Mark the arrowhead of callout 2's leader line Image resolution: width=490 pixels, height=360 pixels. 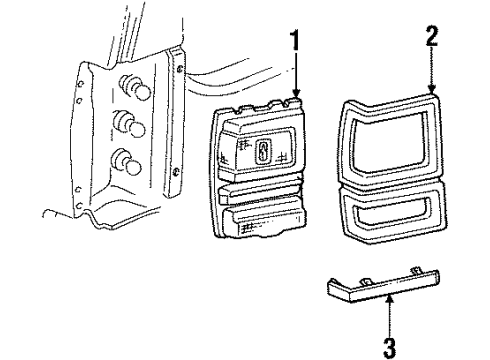[x=432, y=95]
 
